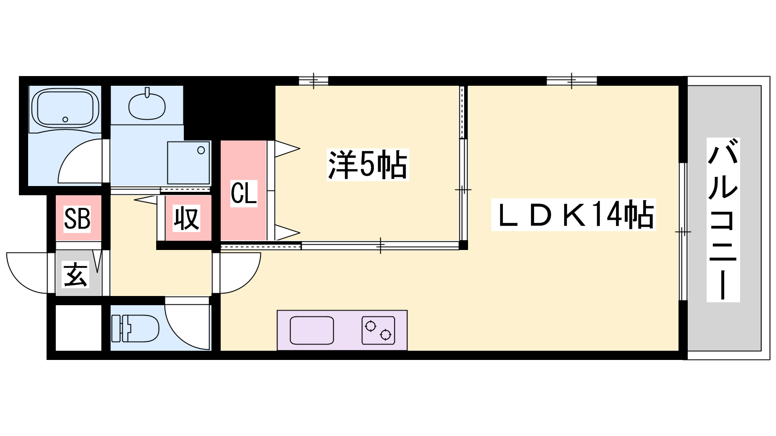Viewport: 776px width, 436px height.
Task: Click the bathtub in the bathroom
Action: point(65,108)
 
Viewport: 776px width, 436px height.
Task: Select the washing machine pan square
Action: point(189,162)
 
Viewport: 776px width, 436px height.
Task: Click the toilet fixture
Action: point(136,328)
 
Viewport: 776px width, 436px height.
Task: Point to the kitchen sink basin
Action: point(312,330)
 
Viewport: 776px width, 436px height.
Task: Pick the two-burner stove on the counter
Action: point(378,330)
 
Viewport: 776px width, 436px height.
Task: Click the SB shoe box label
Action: point(78,218)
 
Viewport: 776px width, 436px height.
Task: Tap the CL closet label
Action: point(243,193)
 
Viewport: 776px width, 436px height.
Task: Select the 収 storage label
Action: point(187,218)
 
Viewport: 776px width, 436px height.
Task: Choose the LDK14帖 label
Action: point(574,215)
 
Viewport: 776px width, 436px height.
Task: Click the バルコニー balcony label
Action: point(723,219)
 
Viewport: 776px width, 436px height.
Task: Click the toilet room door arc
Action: point(184,329)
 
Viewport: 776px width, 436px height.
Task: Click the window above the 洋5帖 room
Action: point(313,80)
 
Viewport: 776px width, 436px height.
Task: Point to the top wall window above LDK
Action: point(571,80)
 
